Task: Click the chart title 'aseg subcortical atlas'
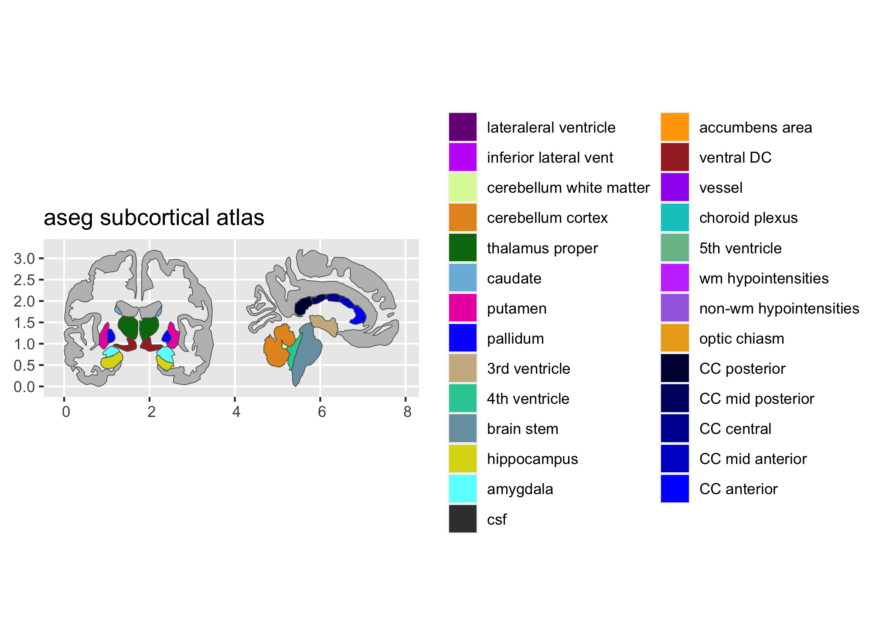[154, 218]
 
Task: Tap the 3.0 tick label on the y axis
[24, 259]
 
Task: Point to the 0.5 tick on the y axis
[24, 365]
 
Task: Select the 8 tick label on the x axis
[407, 412]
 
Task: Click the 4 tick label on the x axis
[236, 412]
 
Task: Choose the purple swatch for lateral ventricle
[463, 127]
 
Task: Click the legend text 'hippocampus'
[532, 459]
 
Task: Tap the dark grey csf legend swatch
[463, 519]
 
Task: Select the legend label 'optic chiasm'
[742, 338]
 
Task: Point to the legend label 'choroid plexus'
[748, 218]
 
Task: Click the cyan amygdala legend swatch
[463, 489]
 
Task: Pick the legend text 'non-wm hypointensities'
[779, 308]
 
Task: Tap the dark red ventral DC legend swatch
[675, 157]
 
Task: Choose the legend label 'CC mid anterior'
[753, 459]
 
